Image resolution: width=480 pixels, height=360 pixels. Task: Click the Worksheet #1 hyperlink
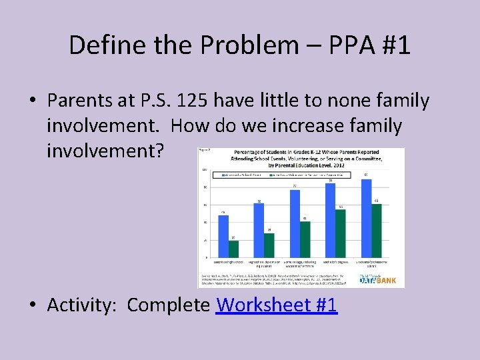click(277, 305)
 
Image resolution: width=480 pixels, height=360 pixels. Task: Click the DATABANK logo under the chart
click(377, 280)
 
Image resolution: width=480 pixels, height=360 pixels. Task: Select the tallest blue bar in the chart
click(365, 217)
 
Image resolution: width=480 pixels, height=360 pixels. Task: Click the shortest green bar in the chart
click(233, 249)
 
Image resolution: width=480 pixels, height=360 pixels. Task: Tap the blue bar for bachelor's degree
click(330, 220)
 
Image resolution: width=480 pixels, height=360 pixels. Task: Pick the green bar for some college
click(305, 239)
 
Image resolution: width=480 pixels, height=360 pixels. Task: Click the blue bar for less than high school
click(223, 236)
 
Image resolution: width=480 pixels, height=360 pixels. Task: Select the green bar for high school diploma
click(269, 245)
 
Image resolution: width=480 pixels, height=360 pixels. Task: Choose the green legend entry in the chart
click(300, 175)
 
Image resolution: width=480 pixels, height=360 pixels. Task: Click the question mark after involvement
click(159, 150)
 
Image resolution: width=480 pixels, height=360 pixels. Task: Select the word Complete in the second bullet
click(169, 305)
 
